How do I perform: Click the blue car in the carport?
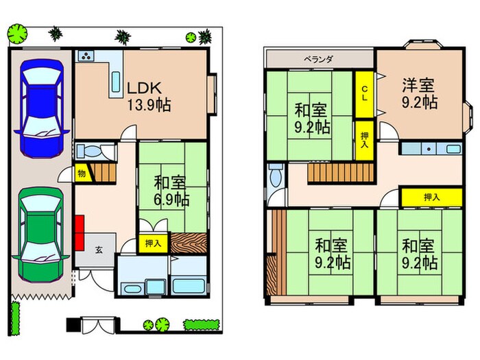[x=42, y=108]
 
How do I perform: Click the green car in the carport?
[x=41, y=235]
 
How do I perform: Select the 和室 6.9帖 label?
[x=171, y=191]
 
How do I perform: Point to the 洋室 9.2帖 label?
[x=419, y=93]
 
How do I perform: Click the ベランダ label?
[x=318, y=59]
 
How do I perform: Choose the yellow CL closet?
[x=364, y=95]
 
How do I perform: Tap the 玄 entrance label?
[x=99, y=250]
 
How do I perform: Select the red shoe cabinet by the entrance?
[x=80, y=232]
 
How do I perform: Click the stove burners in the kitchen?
[x=86, y=56]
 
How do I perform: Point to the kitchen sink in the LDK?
[x=116, y=82]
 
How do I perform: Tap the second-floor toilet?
[x=276, y=176]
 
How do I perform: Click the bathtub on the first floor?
[x=189, y=286]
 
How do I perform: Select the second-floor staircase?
[x=341, y=173]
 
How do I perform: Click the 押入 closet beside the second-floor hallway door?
[x=431, y=197]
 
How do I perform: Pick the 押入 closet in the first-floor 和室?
[x=153, y=243]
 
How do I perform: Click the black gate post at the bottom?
[x=73, y=325]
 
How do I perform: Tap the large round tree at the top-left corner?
[x=17, y=34]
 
